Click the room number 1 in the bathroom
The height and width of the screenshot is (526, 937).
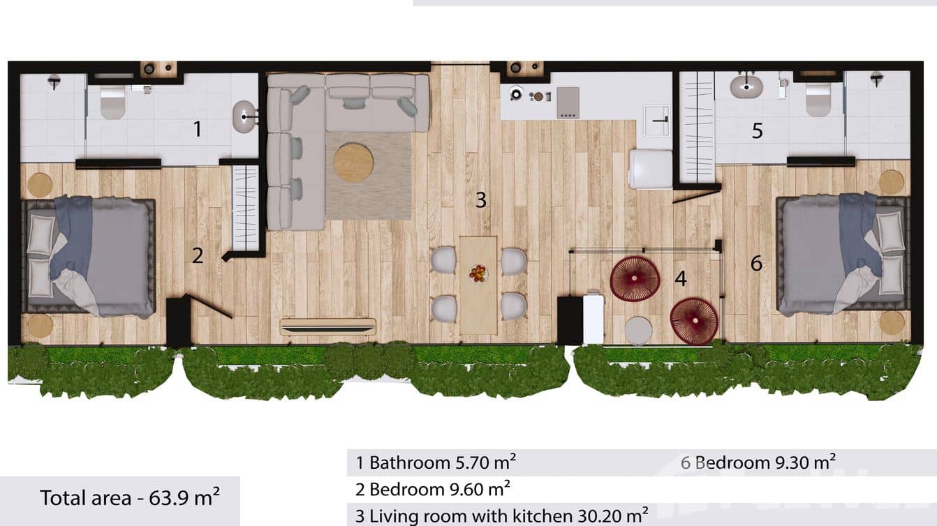coord(198,129)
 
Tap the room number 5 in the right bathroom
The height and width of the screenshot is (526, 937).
coord(758,130)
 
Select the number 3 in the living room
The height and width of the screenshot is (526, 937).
coord(480,200)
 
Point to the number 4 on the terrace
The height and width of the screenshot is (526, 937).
coord(681,278)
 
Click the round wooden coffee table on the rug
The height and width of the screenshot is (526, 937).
coord(353,163)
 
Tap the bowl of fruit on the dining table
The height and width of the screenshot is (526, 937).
coord(478,273)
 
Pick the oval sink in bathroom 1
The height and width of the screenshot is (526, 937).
coord(244,117)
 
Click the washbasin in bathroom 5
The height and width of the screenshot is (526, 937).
coord(746,87)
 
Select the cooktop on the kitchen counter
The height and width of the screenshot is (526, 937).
coord(568,103)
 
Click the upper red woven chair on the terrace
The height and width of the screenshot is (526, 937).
coord(635,278)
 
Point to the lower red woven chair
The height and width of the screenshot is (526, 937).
coord(694,321)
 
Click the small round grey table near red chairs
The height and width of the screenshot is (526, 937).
coord(638,331)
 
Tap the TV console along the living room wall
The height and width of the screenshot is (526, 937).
coord(328,326)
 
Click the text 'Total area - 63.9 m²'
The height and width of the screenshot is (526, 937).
coord(130,497)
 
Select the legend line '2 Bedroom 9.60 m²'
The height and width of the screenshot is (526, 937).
coord(433,488)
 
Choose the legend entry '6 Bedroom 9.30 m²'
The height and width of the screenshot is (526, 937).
coord(758,461)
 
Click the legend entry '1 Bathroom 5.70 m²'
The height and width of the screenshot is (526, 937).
coord(436,462)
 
